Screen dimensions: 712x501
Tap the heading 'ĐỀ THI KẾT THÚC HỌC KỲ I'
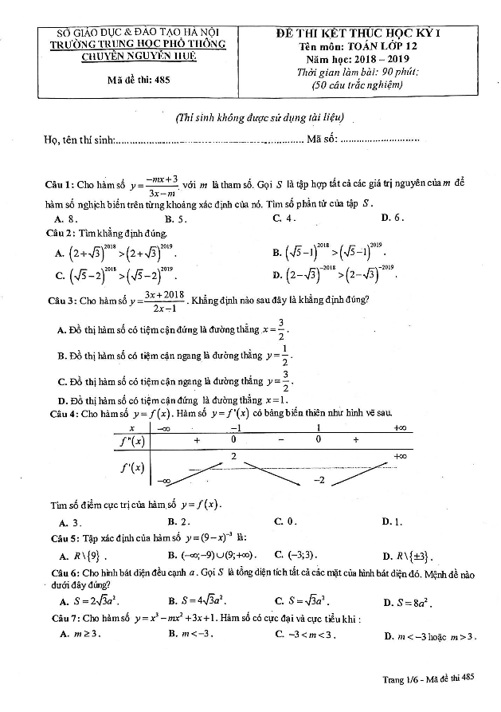coord(358,33)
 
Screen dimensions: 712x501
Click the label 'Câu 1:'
coord(60,186)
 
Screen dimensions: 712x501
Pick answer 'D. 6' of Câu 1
coord(393,218)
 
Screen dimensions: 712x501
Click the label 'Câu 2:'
coord(60,232)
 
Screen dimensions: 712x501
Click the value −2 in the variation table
coord(319,480)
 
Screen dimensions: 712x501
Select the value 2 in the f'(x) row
coord(234,455)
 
